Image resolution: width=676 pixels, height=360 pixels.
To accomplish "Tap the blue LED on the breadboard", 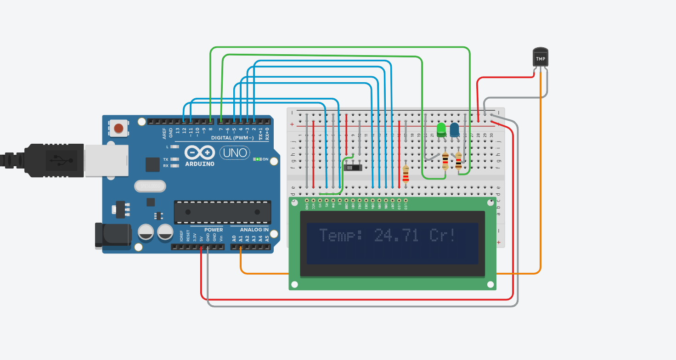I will click(454, 129).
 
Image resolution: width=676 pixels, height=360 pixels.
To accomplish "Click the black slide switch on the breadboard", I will click(353, 167).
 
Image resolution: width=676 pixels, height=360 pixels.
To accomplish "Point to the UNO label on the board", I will click(235, 152).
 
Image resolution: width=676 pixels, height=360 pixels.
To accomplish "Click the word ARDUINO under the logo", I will click(200, 164).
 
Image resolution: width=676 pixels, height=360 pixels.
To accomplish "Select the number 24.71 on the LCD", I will click(396, 236).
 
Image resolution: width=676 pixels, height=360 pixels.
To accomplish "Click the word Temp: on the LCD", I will click(341, 236).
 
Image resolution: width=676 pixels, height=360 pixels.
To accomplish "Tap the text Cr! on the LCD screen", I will click(443, 236).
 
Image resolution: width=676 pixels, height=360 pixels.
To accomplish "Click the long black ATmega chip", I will click(222, 212).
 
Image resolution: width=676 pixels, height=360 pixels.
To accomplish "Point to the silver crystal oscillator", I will click(150, 186).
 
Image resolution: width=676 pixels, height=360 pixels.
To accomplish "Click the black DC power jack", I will click(113, 235).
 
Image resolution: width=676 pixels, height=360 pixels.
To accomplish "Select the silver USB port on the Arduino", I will click(106, 160).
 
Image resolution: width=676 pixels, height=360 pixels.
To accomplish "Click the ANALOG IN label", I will click(254, 230).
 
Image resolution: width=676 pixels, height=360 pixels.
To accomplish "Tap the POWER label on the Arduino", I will click(213, 230).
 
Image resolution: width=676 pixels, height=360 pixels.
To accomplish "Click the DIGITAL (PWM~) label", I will click(232, 138).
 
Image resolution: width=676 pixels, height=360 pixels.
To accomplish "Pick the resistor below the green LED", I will click(445, 161).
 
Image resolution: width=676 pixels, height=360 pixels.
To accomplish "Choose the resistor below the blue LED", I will click(458, 162).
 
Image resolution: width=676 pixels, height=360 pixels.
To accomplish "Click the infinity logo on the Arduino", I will click(200, 152).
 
